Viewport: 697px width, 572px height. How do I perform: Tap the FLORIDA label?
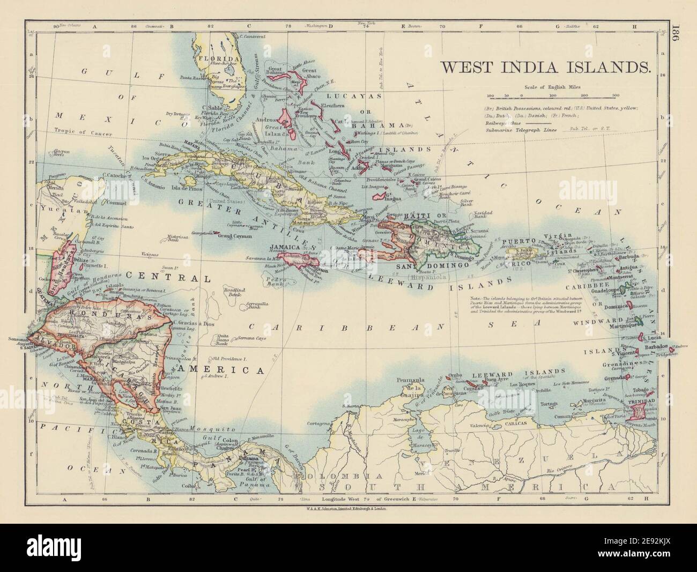[218, 58]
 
